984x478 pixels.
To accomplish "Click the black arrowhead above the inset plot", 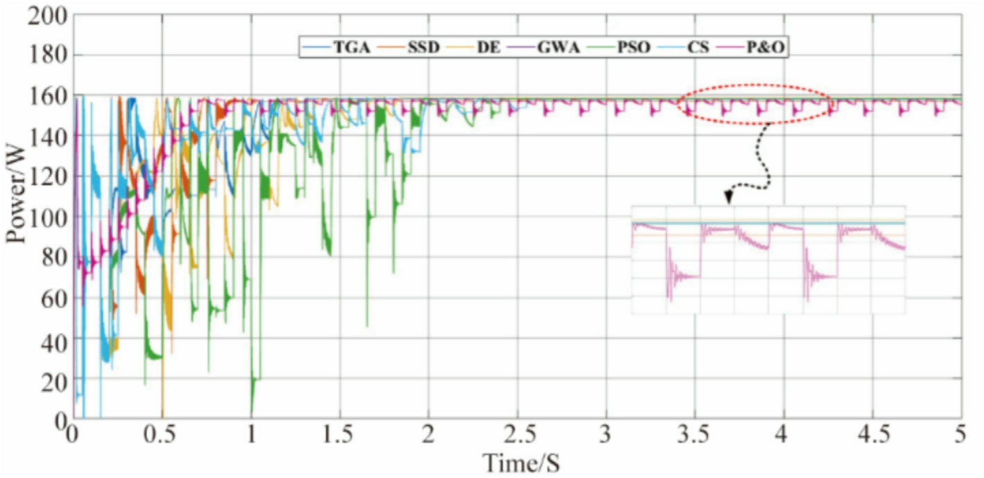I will [x=729, y=198].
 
